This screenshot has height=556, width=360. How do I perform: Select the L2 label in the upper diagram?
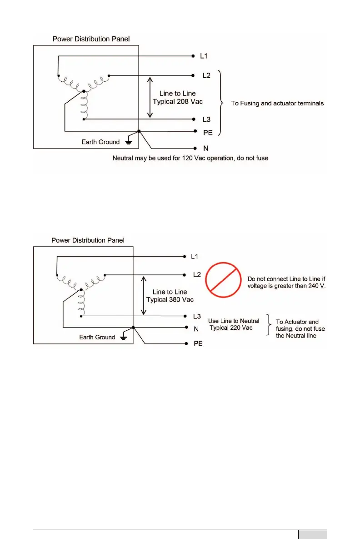206,75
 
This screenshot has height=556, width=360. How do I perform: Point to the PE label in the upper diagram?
207,132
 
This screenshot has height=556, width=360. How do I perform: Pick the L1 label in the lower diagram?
195,257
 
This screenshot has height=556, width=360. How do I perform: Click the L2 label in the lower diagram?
197,275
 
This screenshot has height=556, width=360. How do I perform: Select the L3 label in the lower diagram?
197,316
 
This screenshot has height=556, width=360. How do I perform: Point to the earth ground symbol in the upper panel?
129,141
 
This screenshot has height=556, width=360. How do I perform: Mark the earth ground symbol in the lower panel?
124,337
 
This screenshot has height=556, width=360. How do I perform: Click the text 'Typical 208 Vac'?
178,101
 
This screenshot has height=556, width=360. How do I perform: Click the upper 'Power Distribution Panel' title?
91,39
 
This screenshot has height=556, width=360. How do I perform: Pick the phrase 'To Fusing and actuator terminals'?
277,104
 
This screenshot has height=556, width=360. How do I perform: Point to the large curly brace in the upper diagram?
222,103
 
